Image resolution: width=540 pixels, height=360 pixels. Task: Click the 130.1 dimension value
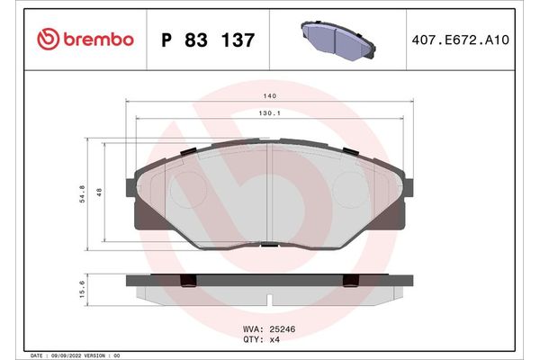pyautogui.click(x=271, y=113)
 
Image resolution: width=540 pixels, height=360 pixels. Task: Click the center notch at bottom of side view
pyautogui.click(x=271, y=296)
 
